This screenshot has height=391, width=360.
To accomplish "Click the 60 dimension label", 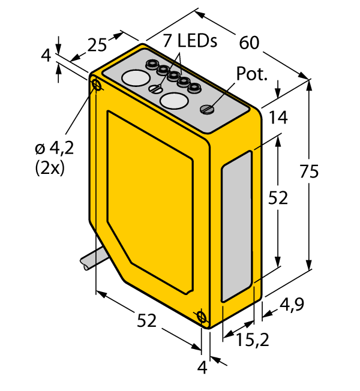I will [x=248, y=43].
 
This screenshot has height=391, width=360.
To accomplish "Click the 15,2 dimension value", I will [x=251, y=341].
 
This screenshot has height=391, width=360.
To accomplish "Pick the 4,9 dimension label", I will [x=292, y=305].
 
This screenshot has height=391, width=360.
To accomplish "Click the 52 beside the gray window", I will [x=278, y=198].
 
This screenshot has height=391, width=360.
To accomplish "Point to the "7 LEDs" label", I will [x=190, y=41].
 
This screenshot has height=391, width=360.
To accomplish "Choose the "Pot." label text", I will [x=253, y=74].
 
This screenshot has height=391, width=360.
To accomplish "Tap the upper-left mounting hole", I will [x=97, y=85].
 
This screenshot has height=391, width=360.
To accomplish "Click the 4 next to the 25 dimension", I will [x=46, y=56].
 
